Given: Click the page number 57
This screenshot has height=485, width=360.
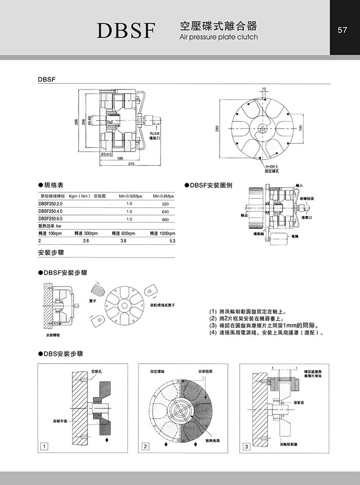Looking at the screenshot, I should click(343, 30).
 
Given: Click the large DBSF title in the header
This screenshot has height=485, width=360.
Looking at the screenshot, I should click(126, 31).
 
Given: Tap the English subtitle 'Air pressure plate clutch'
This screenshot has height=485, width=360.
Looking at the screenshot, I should click(219, 37).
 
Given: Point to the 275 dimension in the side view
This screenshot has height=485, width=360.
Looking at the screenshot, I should click(131, 164).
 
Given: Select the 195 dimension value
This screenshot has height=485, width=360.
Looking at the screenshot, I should click(119, 158).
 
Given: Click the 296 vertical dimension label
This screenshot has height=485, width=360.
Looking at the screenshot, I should click(77, 122).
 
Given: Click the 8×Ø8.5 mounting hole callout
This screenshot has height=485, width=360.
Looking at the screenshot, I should click(272, 166).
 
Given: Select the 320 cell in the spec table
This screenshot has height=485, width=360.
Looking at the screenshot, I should click(165, 204).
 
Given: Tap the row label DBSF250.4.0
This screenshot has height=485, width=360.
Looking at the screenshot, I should click(50, 211).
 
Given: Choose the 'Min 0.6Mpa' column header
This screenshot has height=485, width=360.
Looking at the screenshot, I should click(164, 196).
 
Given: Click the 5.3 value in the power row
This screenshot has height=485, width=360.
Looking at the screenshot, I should click(172, 240).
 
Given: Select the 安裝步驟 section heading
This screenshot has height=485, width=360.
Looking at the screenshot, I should click(50, 253).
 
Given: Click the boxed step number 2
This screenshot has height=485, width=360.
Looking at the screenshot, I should click(145, 446).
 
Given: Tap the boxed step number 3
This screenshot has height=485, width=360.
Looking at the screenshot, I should click(246, 446).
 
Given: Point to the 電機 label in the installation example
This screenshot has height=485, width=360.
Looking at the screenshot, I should click(295, 236).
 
